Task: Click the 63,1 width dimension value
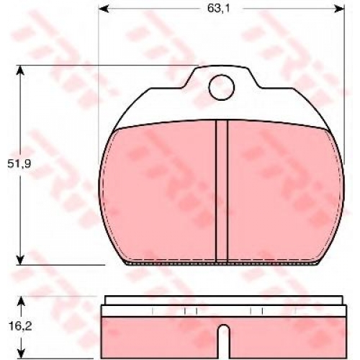[x=218, y=9]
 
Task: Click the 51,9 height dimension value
[x=19, y=164]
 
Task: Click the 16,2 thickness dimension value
[x=20, y=326]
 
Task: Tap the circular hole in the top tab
[x=221, y=87]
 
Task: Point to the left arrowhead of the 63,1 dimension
[x=103, y=9]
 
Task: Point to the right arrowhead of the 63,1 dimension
[x=340, y=9]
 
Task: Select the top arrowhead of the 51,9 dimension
[x=20, y=70]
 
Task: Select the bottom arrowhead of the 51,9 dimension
[x=20, y=260]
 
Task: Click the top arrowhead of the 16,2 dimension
[x=22, y=301]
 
